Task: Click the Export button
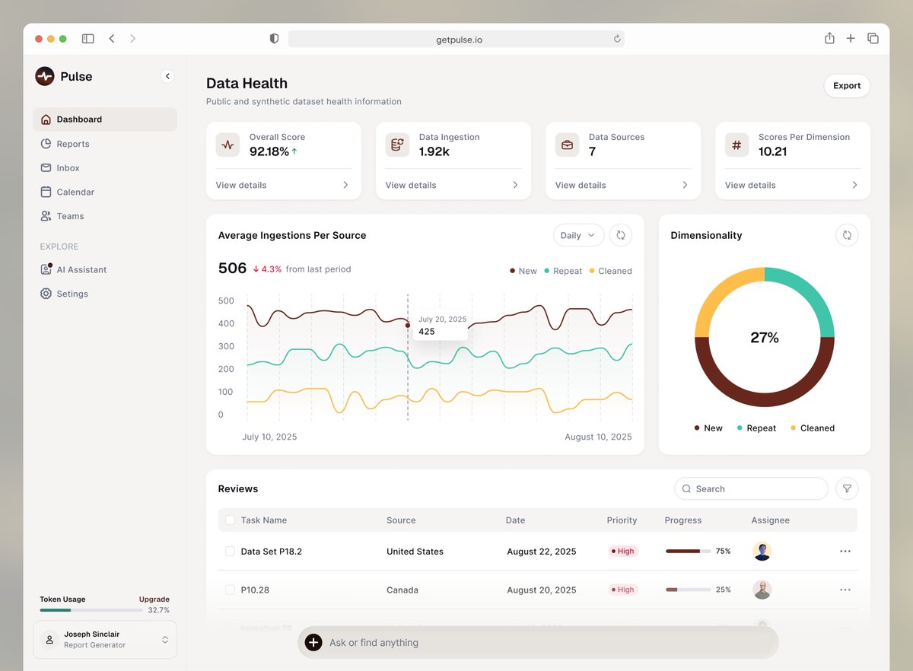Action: pyautogui.click(x=846, y=86)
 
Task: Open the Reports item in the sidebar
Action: pyautogui.click(x=73, y=144)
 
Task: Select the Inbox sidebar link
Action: pyautogui.click(x=68, y=168)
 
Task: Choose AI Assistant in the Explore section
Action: pyautogui.click(x=81, y=270)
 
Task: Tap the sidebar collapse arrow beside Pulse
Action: pyautogui.click(x=167, y=76)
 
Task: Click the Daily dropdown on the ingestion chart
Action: pyautogui.click(x=578, y=236)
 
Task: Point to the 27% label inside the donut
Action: pyautogui.click(x=764, y=338)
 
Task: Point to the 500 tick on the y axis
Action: pyautogui.click(x=226, y=301)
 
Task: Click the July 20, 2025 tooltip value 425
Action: pyautogui.click(x=427, y=332)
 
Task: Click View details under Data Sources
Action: pyautogui.click(x=581, y=186)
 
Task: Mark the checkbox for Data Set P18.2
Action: pyautogui.click(x=230, y=552)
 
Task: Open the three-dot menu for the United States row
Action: pyautogui.click(x=845, y=552)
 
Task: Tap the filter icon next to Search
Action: pyautogui.click(x=846, y=489)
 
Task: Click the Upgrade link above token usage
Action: pyautogui.click(x=154, y=599)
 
